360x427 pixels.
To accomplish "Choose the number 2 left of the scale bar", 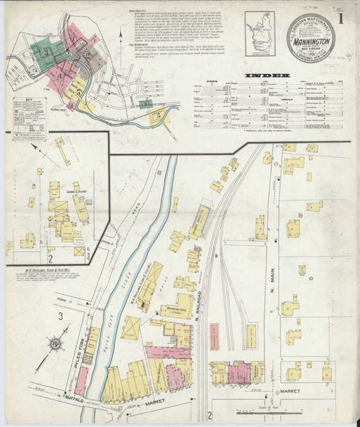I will [x=211, y=414].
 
